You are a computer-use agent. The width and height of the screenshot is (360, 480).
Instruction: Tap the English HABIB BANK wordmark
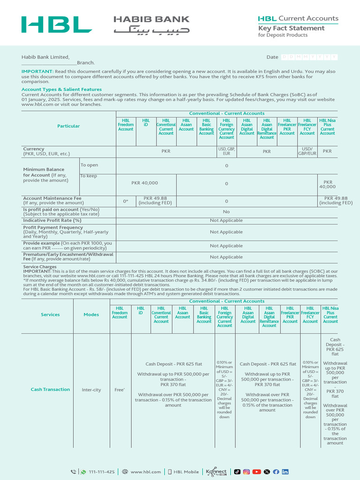[151, 19]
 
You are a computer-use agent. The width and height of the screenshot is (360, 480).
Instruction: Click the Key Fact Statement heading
[291, 28]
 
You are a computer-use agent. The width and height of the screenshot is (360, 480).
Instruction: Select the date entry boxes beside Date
[309, 57]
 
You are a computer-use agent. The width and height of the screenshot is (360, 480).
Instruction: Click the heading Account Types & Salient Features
[61, 89]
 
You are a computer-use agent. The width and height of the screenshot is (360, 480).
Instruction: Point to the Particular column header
[68, 126]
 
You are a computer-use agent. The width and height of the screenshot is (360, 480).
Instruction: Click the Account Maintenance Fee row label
[52, 198]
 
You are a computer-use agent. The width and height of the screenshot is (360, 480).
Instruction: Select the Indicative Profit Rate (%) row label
[52, 220]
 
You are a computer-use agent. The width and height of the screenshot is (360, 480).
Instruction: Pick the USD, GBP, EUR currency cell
[226, 151]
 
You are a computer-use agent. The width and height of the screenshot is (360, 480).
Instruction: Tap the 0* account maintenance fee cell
[126, 201]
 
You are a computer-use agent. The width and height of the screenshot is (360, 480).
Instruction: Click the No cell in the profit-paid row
[226, 212]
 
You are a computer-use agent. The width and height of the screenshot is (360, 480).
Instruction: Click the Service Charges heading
[40, 267]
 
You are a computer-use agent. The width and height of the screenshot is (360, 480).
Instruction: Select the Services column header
[50, 315]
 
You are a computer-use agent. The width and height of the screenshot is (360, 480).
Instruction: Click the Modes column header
[91, 315]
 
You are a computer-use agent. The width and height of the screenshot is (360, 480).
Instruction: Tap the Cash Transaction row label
[50, 390]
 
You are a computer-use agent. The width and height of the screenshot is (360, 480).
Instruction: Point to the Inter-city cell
[91, 390]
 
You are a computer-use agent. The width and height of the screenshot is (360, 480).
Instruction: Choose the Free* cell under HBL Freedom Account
[120, 390]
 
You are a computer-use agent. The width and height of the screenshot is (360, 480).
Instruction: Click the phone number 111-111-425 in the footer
[102, 472]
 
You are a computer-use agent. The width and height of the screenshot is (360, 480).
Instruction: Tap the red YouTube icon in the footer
[256, 472]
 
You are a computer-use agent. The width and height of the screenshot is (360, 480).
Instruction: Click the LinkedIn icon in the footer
[285, 472]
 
